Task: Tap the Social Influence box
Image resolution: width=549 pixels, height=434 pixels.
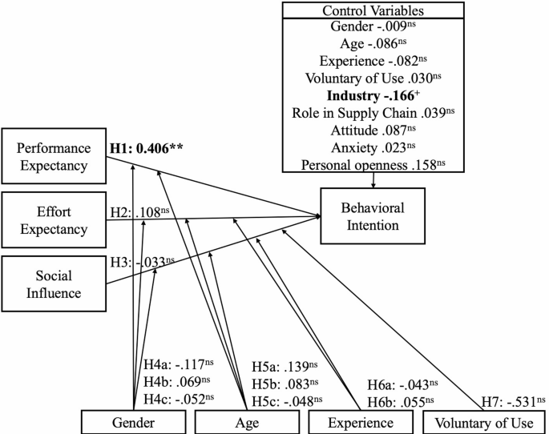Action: (x=54, y=283)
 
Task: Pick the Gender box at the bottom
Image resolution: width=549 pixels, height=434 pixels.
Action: (x=132, y=422)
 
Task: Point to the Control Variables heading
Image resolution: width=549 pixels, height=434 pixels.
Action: (x=373, y=10)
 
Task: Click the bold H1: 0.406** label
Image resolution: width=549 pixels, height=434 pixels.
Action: (x=159, y=149)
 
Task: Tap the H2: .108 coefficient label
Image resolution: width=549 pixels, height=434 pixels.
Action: (x=139, y=215)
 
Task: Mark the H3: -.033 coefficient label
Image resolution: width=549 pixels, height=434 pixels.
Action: (x=142, y=260)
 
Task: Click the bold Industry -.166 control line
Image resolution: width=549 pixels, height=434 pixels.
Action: (x=373, y=95)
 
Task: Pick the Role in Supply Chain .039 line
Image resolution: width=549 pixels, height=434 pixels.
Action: (x=373, y=113)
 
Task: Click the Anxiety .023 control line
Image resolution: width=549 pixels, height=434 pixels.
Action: (x=373, y=148)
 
